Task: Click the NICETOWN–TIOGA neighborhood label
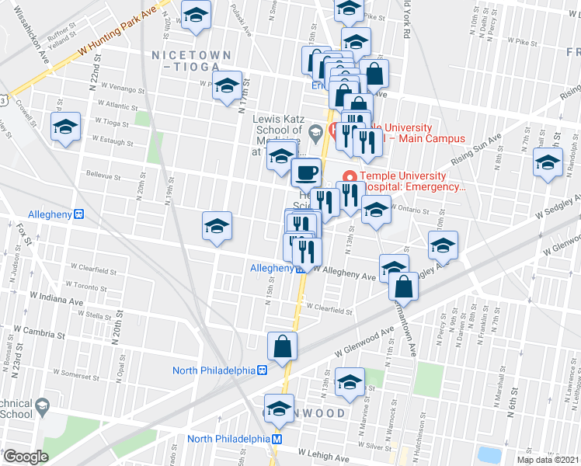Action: [x=191, y=61]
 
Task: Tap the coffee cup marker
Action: [x=306, y=172]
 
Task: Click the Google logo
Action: [x=26, y=457]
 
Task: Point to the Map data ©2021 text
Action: [x=547, y=460]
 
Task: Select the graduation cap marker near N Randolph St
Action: [x=548, y=164]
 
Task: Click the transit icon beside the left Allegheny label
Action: [x=78, y=214]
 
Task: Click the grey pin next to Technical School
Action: [x=42, y=405]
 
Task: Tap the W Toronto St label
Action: [x=85, y=287]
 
